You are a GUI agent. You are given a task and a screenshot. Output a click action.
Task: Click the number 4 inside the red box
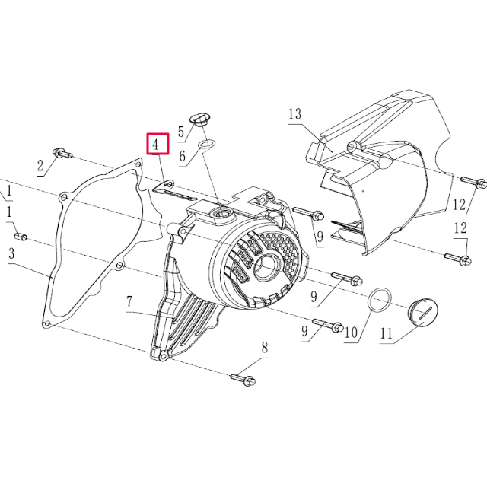156,144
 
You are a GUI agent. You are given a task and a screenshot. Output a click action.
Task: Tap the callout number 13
295,115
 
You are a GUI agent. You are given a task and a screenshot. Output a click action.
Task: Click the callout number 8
265,349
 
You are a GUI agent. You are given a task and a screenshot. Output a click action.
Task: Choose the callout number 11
386,333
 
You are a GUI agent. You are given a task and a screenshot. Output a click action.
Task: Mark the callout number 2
40,165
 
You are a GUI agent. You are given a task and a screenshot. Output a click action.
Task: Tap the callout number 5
181,132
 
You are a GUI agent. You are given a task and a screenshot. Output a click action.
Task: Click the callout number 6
182,157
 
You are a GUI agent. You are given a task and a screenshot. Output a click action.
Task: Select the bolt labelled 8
243,378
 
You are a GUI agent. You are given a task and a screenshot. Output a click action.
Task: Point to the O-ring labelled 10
380,300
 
